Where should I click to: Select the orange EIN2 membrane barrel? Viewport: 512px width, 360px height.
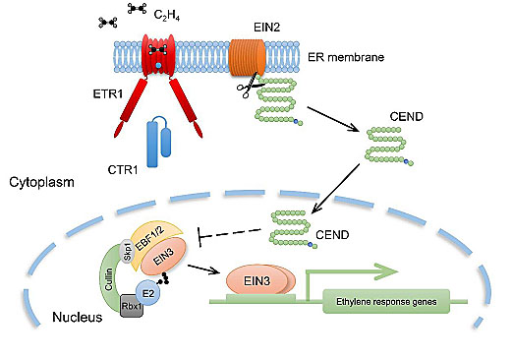coord(247,58)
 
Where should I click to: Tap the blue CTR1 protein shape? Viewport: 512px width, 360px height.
coord(159,142)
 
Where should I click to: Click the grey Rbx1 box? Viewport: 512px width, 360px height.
coord(132,306)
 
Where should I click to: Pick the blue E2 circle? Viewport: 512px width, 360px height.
coord(148,293)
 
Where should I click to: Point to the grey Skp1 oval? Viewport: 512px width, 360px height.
coord(127,251)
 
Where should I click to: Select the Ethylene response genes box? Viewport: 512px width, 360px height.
coord(386,301)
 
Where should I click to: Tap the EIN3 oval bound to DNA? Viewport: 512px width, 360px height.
coord(257,281)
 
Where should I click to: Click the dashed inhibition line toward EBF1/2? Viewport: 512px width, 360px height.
coord(229,233)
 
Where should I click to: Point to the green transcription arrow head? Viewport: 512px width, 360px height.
coord(386,271)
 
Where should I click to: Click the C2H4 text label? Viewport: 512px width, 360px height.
coord(167,15)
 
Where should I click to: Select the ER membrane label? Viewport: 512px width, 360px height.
coord(346,57)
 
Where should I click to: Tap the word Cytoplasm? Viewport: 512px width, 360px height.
coord(41,182)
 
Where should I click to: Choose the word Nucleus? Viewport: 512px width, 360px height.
coord(78,317)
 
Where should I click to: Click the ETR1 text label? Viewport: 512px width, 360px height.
coord(108,94)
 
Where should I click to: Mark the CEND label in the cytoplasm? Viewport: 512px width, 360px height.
coord(406,116)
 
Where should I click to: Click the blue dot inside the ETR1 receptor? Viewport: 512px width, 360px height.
coord(158,66)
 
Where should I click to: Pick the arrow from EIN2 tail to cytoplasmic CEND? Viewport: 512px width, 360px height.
coord(333,119)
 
